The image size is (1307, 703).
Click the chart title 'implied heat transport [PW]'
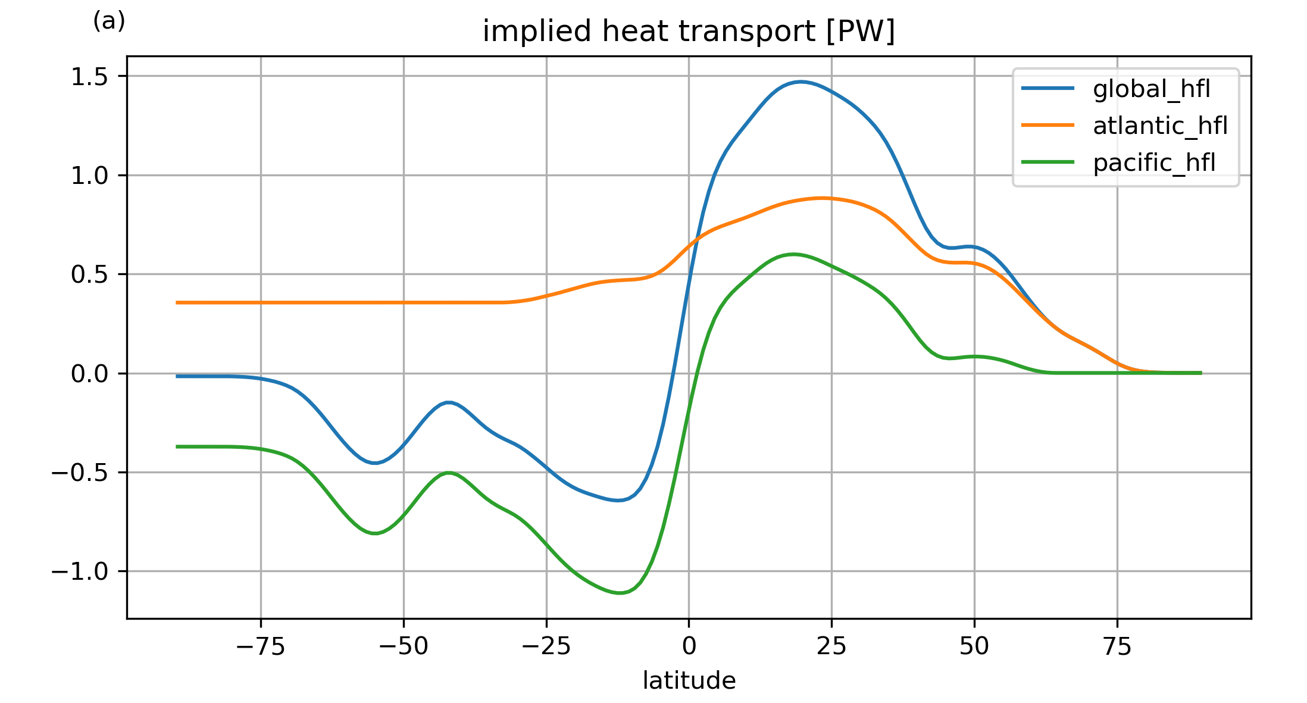pos(689,31)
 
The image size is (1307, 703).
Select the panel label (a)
pos(109,21)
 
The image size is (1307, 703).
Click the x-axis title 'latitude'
pos(689,680)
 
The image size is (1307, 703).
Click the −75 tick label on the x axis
pos(261,646)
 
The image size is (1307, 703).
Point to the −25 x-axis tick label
pos(546,646)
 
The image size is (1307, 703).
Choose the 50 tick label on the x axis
pos(974,646)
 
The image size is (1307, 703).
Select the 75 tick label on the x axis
pos(1117,646)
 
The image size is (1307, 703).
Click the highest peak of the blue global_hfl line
pos(801,82)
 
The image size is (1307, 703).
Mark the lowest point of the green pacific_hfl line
pos(620,593)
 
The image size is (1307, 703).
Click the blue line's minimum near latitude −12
pos(618,501)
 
